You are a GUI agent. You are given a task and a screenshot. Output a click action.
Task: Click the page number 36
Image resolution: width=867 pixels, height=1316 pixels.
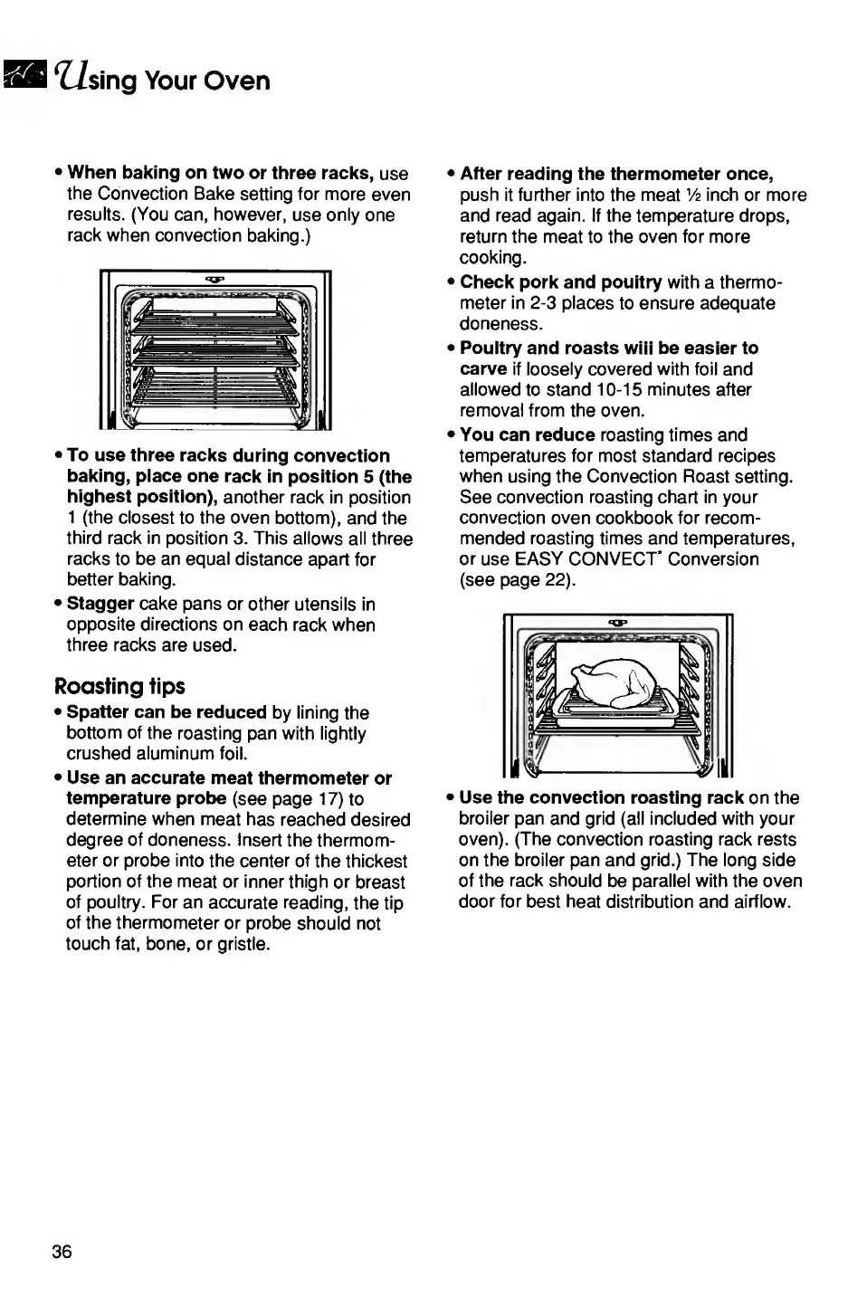click(62, 1252)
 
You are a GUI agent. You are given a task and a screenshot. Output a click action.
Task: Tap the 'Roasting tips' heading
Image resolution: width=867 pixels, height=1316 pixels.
click(119, 687)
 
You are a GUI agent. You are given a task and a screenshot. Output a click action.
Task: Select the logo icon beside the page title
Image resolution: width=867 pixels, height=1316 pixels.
click(23, 77)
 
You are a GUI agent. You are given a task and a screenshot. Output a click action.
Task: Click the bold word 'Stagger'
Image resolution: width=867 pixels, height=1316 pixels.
click(100, 604)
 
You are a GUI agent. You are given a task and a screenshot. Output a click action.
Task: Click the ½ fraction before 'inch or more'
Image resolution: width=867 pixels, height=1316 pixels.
click(692, 195)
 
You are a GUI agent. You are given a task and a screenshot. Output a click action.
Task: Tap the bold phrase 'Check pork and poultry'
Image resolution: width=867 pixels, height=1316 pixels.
click(561, 282)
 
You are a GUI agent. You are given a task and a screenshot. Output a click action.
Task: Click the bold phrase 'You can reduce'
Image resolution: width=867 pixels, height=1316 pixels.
click(527, 435)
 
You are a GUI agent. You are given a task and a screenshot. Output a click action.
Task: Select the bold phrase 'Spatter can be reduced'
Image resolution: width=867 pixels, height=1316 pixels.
click(167, 712)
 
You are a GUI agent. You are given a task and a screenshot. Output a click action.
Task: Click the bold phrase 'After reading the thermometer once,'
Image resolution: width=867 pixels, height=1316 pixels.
click(616, 174)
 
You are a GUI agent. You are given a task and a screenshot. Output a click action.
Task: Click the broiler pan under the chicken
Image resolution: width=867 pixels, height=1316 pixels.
click(617, 710)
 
